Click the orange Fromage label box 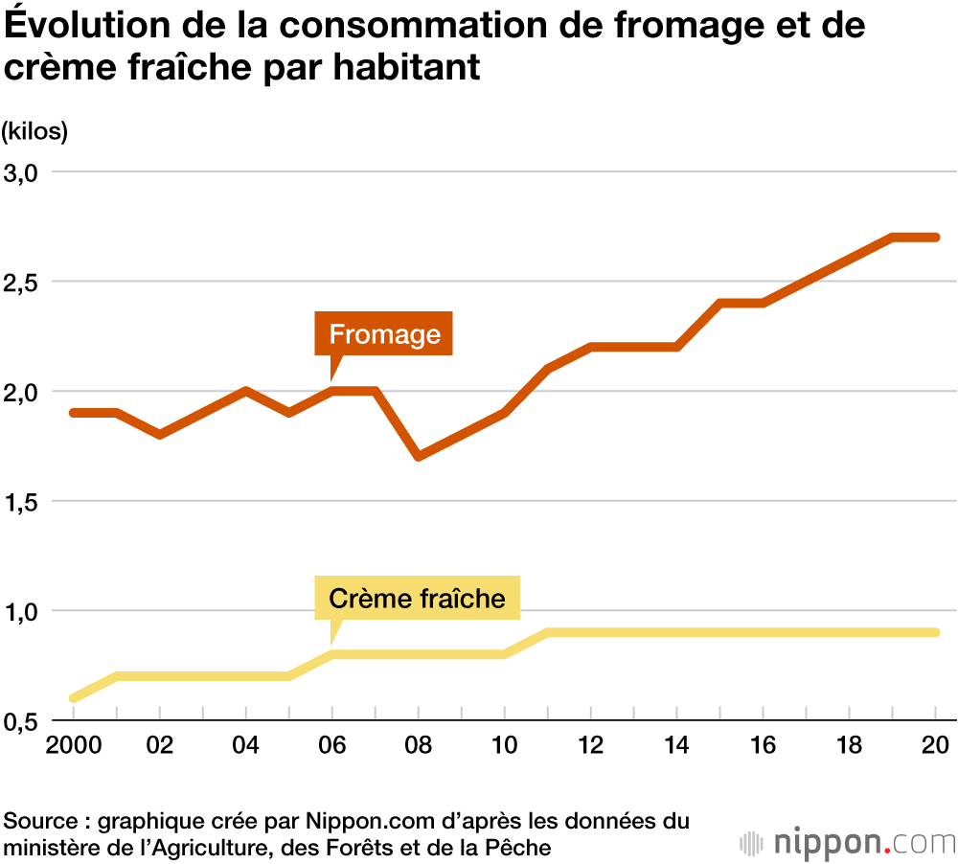click(x=383, y=334)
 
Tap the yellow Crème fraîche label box click(x=417, y=599)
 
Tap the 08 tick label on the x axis click(x=419, y=747)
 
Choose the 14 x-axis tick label click(x=678, y=747)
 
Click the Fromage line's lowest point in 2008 click(x=419, y=456)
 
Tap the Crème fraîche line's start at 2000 click(x=74, y=698)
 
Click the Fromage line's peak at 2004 click(x=246, y=391)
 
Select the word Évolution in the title click(x=71, y=25)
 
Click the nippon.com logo click(x=848, y=843)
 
